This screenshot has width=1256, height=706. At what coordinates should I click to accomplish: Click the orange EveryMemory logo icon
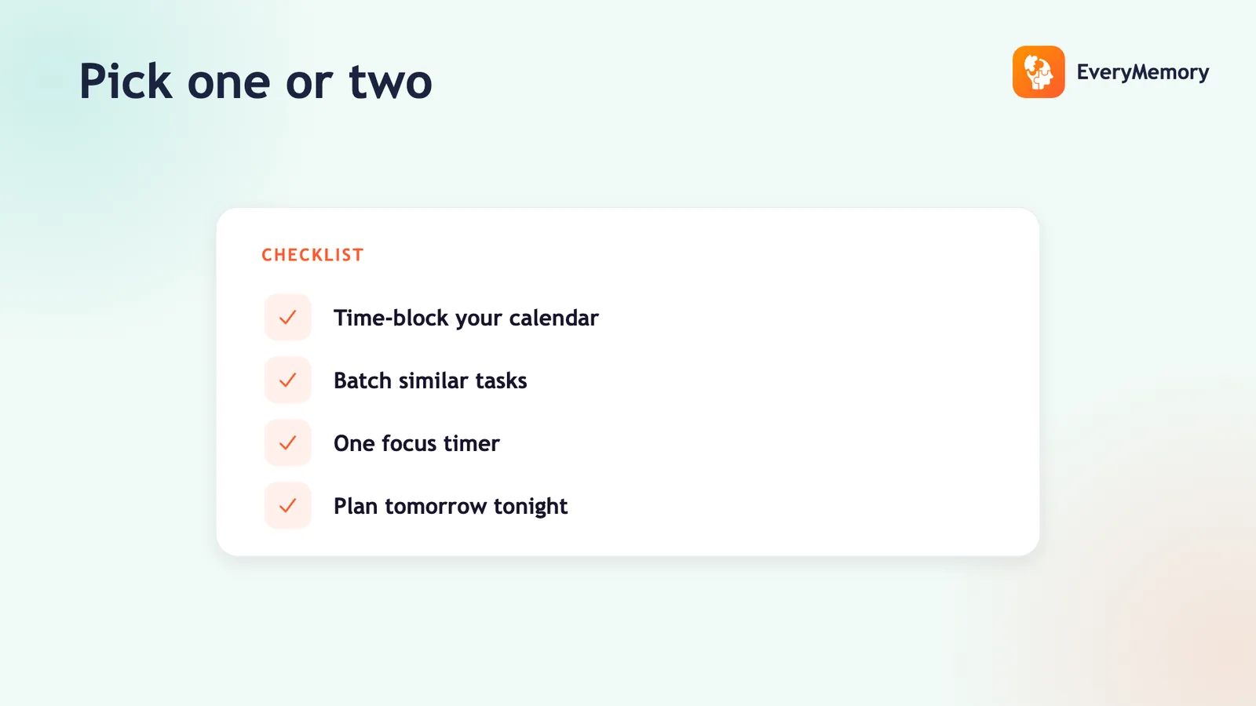(1039, 71)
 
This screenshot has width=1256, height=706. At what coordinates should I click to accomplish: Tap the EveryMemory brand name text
(1143, 72)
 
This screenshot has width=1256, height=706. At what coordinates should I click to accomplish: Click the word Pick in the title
(126, 82)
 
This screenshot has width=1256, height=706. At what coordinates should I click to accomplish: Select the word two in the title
(391, 82)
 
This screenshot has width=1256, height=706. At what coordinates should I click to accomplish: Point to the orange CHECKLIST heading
(312, 255)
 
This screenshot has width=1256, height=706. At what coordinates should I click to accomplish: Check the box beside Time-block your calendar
(287, 318)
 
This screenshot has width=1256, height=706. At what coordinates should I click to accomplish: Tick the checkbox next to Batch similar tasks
(287, 380)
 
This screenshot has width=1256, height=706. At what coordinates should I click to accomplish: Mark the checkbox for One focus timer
(287, 443)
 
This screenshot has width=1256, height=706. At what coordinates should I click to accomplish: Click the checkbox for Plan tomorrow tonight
(287, 506)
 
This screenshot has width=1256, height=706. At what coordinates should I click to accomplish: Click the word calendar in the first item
(554, 318)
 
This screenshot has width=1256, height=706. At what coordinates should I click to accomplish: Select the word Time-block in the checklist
(392, 318)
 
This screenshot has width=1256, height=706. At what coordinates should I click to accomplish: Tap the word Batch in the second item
(363, 380)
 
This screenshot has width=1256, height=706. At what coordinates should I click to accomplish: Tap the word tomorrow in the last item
(436, 507)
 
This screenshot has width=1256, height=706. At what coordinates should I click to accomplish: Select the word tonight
(531, 507)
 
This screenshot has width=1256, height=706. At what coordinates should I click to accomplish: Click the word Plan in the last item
(356, 506)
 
